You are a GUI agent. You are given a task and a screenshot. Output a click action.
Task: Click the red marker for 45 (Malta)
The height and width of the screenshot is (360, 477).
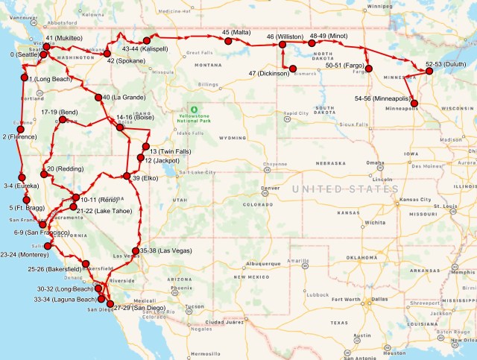coord(227,42)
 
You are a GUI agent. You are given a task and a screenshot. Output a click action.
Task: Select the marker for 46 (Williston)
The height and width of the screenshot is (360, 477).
coord(285,45)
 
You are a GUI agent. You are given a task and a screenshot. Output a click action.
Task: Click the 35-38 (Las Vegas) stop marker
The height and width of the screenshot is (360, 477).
coord(135,251)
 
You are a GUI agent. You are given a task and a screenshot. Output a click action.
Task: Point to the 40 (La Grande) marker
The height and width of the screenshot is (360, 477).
coord(98,98)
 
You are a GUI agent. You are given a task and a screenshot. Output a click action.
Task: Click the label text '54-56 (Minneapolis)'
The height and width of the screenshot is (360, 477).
coord(382,98)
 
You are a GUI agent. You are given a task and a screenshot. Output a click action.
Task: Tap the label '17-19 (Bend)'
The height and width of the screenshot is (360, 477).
coord(60,111)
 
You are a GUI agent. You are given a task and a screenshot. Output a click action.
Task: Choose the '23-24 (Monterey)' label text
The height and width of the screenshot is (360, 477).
coord(23,254)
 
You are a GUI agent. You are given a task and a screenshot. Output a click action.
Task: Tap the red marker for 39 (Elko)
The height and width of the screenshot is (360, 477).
coord(127,176)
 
